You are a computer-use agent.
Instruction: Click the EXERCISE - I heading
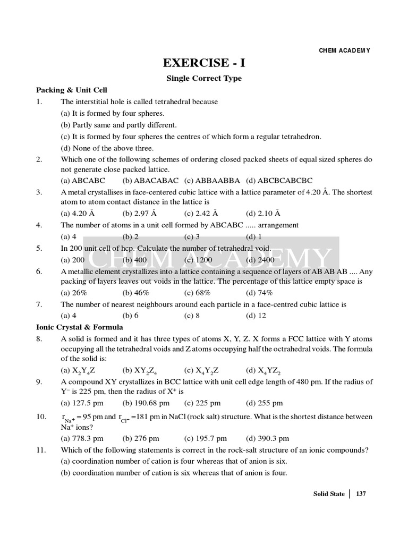click(x=205, y=63)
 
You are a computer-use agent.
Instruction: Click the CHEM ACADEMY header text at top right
click(x=344, y=50)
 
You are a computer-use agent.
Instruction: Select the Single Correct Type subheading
click(x=205, y=79)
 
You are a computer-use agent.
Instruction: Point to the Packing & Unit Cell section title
click(x=72, y=90)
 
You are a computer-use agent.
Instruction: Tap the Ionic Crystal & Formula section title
click(x=80, y=327)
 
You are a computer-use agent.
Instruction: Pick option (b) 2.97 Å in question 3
click(x=139, y=214)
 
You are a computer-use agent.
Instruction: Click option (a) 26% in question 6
click(x=74, y=293)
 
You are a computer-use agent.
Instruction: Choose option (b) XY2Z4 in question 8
click(x=140, y=371)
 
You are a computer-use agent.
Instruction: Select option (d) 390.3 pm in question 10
click(x=267, y=439)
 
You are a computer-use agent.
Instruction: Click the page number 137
click(x=361, y=494)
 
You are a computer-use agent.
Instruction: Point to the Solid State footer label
click(x=329, y=494)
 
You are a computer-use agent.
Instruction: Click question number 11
click(x=41, y=450)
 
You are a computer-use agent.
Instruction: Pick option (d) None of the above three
click(x=107, y=148)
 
